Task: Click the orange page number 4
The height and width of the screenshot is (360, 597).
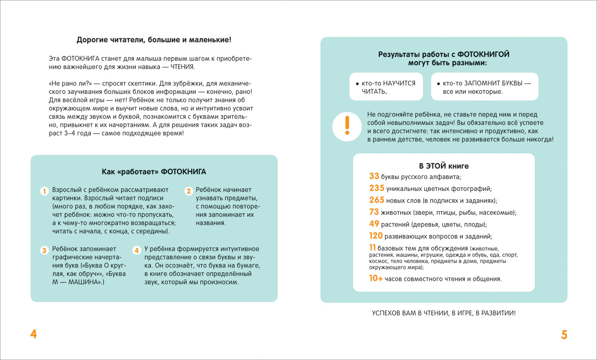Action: pyautogui.click(x=33, y=334)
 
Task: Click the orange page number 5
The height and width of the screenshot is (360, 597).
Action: pyautogui.click(x=564, y=335)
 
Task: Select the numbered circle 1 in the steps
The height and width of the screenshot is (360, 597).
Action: pyautogui.click(x=45, y=191)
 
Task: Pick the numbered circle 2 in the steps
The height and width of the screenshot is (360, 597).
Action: pyautogui.click(x=189, y=191)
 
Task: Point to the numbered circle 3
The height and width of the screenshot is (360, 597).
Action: pyautogui.click(x=45, y=250)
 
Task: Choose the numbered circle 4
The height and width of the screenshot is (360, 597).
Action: pyautogui.click(x=137, y=250)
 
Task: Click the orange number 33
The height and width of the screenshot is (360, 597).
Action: pyautogui.click(x=374, y=176)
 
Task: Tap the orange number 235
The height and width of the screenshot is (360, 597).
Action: pyautogui.click(x=377, y=188)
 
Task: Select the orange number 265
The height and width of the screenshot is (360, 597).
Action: pyautogui.click(x=377, y=200)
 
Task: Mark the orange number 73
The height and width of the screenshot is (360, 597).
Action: pyautogui.click(x=374, y=212)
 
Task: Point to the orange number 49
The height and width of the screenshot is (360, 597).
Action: pyautogui.click(x=374, y=224)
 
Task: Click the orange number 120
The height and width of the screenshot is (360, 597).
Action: pyautogui.click(x=376, y=236)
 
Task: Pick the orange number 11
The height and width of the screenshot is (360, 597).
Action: pyautogui.click(x=373, y=248)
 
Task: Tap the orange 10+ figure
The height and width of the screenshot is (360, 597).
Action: pyautogui.click(x=376, y=278)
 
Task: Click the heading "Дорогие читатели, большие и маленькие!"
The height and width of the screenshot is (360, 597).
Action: pyautogui.click(x=154, y=40)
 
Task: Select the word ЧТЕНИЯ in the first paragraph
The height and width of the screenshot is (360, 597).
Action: pyautogui.click(x=183, y=67)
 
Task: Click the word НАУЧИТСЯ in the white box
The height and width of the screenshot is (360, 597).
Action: pyautogui.click(x=399, y=83)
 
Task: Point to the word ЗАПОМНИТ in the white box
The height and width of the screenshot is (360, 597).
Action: pyautogui.click(x=482, y=83)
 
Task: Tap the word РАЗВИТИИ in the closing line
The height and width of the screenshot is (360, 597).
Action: pyautogui.click(x=498, y=313)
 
